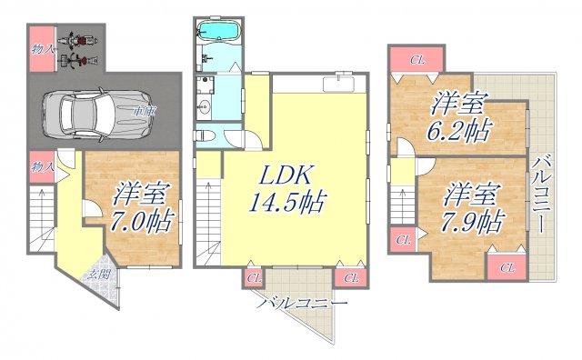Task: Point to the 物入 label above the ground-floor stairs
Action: [x=39, y=166]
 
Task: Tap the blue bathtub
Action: [x=216, y=34]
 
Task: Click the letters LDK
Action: [x=278, y=175]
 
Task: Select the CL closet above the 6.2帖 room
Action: [x=416, y=60]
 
